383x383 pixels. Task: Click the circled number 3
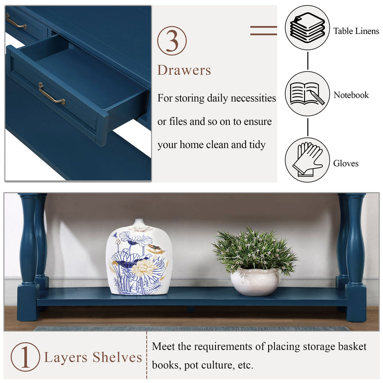pos(172,40)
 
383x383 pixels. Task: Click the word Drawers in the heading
pos(184,70)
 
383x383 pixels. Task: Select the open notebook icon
pos(307,93)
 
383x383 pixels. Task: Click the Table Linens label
pos(356,31)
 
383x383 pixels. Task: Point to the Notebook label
pos(351,95)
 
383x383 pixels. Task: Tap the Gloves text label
pos(346,163)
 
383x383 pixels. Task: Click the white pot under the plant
pos(255,281)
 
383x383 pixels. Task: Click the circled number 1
pos(25,357)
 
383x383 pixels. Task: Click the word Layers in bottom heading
pos(66,358)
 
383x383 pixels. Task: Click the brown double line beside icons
pos(263,31)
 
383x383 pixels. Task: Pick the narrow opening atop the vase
pos(139,222)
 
